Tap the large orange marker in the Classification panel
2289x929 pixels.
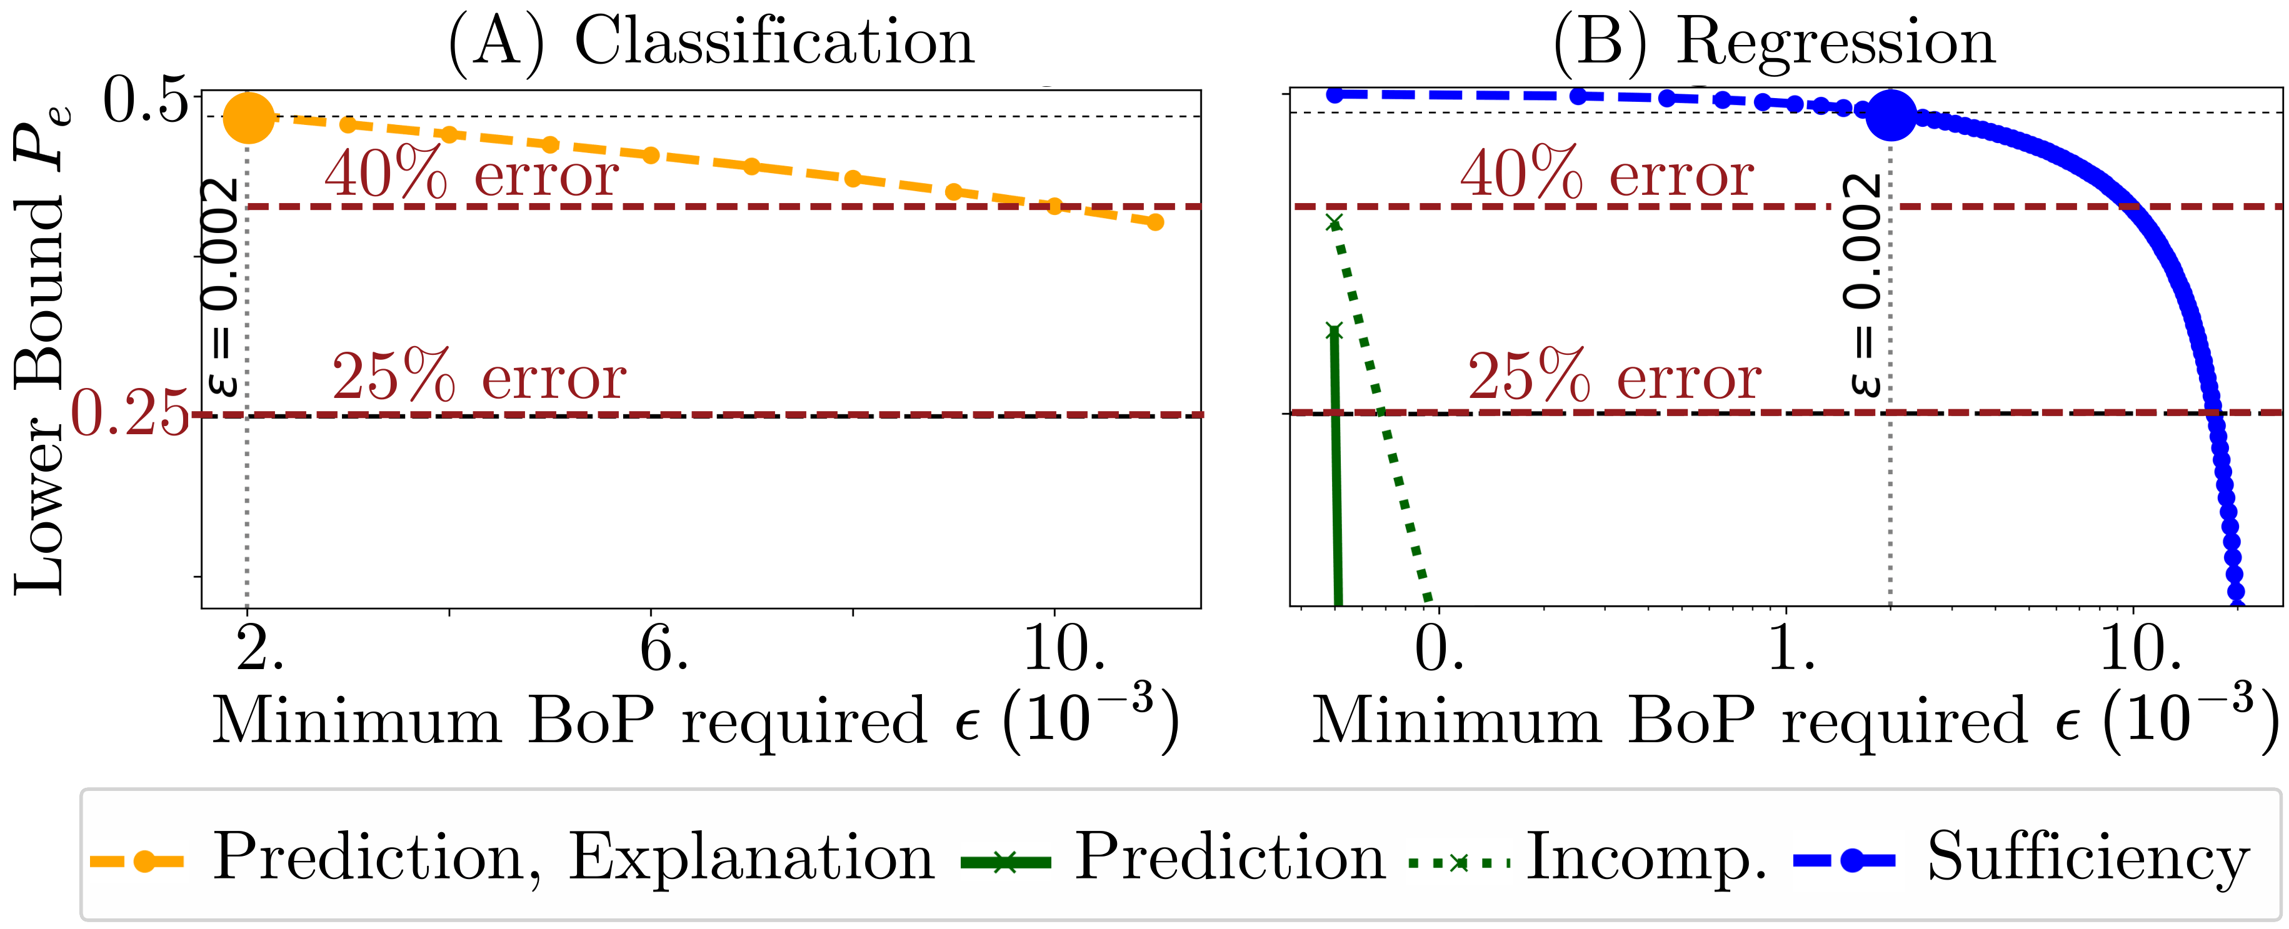[x=249, y=117]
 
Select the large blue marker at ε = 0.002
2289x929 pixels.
[x=1890, y=114]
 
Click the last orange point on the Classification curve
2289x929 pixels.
[x=1155, y=222]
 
